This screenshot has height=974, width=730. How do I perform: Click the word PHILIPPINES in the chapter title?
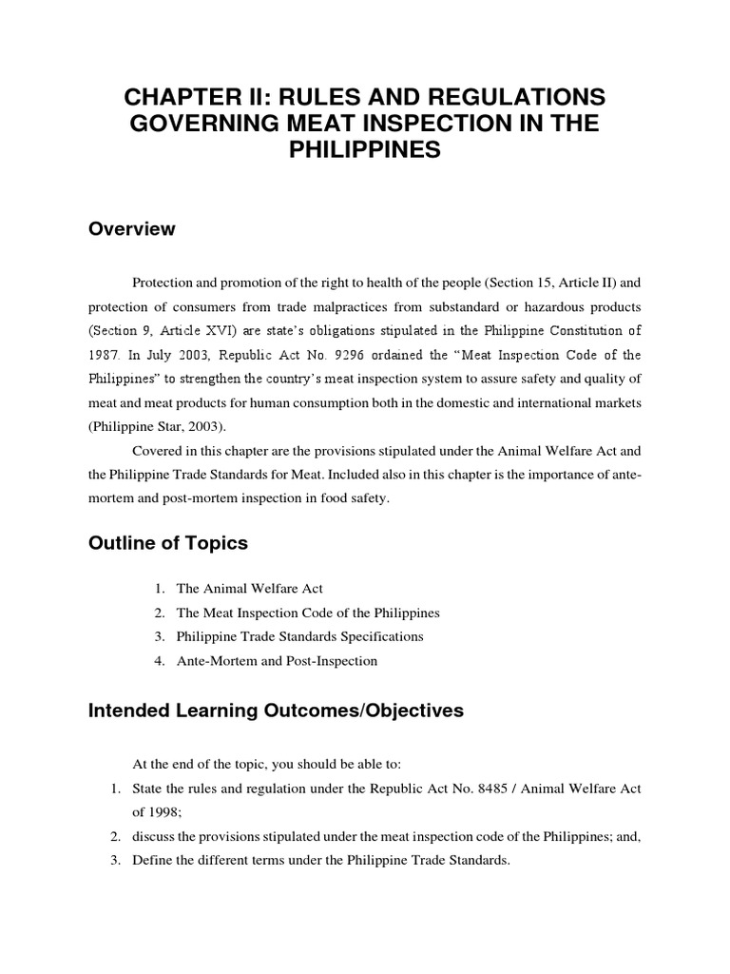[364, 151]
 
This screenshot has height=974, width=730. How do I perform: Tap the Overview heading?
[131, 229]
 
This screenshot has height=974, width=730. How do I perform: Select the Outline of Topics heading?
[167, 543]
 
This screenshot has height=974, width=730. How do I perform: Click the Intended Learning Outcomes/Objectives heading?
[276, 711]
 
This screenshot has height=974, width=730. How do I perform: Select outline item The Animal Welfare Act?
[250, 589]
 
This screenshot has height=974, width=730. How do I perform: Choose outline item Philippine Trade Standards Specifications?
[299, 636]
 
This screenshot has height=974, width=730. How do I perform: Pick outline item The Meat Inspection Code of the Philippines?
[308, 613]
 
